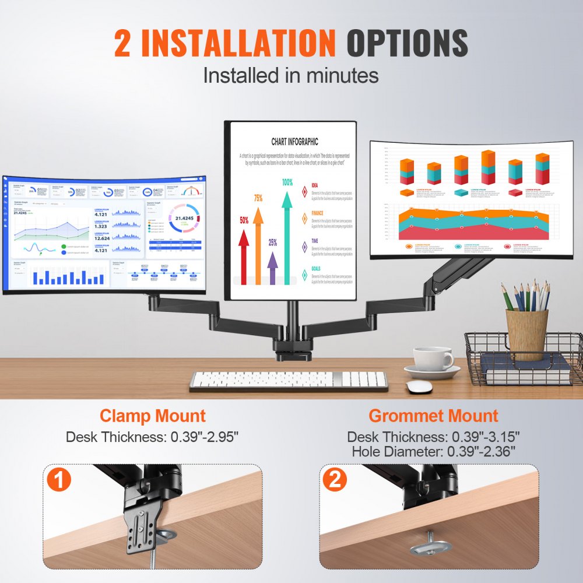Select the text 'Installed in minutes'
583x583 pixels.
point(291,75)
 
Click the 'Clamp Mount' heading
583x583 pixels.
point(152,416)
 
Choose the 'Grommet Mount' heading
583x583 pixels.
point(433,416)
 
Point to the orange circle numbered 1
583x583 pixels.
point(59,481)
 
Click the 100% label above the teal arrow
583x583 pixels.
point(287,182)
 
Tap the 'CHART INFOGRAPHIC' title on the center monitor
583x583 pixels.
point(294,141)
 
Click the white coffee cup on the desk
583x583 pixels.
point(432,359)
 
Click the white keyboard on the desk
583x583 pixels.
point(288,381)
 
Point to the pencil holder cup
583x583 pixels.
point(526,334)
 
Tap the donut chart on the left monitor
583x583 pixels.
point(184,220)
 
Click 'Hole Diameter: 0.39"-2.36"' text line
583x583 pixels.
point(433,451)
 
